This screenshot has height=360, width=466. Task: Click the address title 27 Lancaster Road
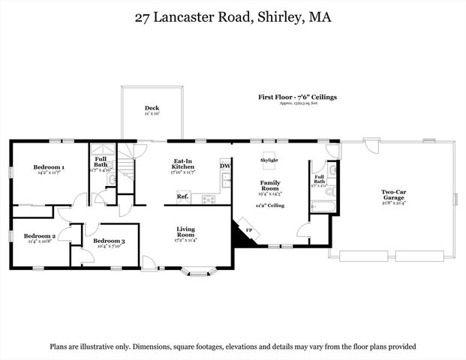pos(232,16)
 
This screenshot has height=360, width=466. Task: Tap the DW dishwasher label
pos(225,166)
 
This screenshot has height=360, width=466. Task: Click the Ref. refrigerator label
pos(182,197)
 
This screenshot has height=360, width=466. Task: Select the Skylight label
pos(269,160)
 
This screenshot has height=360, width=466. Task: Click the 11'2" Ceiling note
pos(269,204)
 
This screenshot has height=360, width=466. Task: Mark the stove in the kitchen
pos(208,199)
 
